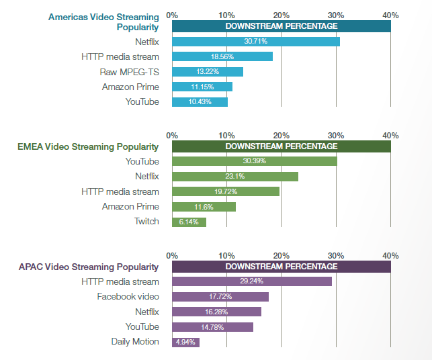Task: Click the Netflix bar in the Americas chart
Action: [256, 42]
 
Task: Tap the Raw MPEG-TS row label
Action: [131, 72]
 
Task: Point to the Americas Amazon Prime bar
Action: [202, 87]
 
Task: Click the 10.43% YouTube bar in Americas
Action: [200, 102]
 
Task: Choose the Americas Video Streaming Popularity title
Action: [104, 21]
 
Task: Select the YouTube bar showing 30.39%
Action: [255, 161]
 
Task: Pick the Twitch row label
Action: [146, 222]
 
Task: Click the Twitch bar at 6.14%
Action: [189, 222]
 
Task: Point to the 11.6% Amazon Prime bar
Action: [204, 207]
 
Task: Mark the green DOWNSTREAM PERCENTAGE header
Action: [282, 146]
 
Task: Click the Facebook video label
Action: [128, 296]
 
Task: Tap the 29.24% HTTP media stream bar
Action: [252, 281]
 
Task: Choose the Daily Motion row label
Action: [135, 342]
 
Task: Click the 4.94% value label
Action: [186, 342]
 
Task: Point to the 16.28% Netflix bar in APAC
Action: [216, 312]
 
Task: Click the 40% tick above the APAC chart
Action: [390, 255]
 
